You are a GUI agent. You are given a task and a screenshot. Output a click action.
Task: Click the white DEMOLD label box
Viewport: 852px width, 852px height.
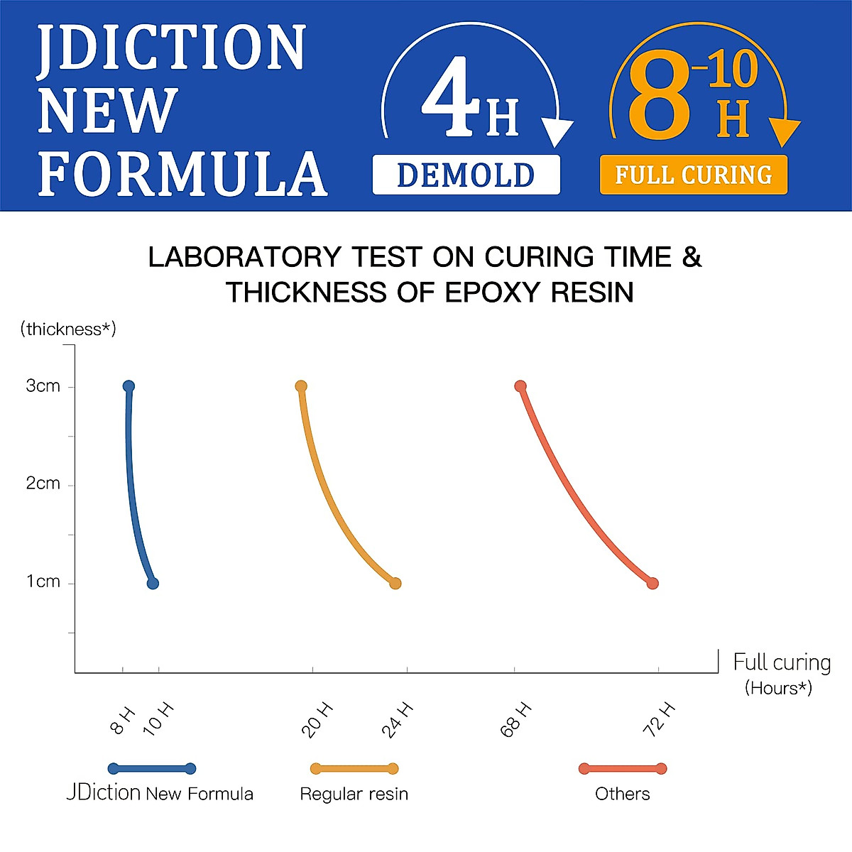[466, 175]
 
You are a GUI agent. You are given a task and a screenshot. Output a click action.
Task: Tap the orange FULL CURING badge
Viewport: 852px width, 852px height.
[693, 175]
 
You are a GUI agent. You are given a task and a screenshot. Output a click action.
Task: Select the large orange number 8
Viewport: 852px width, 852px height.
[659, 96]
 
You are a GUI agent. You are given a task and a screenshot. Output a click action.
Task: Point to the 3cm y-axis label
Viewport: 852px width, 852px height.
[43, 386]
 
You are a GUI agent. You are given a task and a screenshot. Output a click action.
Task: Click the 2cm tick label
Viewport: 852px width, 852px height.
[43, 484]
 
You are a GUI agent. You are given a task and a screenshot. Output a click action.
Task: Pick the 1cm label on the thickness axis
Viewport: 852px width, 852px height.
[43, 582]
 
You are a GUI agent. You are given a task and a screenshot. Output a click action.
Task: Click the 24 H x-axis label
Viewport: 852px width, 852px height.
[397, 719]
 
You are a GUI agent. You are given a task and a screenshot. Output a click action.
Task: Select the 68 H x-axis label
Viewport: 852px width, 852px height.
[516, 719]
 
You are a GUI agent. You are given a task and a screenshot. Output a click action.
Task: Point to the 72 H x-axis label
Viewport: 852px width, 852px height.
[659, 719]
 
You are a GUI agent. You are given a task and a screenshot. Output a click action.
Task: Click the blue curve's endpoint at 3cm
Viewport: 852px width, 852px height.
[129, 386]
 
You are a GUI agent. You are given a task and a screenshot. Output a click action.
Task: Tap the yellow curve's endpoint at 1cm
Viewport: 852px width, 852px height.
[395, 584]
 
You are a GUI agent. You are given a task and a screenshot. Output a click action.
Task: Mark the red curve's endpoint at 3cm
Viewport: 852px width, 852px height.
[520, 386]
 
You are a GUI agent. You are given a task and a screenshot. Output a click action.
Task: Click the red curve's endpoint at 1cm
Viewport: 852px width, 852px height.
[652, 584]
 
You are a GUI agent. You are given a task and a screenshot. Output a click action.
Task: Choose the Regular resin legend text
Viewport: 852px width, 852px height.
[354, 794]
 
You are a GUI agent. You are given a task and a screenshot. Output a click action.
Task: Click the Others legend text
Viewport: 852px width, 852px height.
[622, 794]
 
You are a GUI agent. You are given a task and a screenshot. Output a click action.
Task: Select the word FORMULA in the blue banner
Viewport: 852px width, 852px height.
[182, 174]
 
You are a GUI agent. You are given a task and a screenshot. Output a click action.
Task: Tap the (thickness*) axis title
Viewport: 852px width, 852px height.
[68, 329]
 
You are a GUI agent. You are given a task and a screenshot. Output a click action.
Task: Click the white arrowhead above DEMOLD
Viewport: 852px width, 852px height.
[557, 132]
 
